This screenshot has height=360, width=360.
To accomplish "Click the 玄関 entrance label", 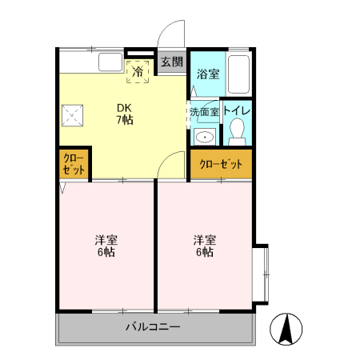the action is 172,62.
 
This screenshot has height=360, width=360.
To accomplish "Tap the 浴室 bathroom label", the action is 208,74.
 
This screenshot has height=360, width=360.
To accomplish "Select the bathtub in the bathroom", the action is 239,74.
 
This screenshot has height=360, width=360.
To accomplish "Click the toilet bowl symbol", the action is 237,132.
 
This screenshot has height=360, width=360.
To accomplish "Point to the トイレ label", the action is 237,111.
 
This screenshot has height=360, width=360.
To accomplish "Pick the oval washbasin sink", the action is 205,138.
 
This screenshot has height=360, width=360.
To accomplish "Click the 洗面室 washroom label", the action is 205,112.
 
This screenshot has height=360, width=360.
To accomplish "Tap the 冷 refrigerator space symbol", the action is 138,72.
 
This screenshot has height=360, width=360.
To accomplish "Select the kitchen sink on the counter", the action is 110,62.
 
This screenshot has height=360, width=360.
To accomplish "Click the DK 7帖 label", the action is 125,114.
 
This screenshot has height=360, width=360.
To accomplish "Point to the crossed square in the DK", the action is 72,115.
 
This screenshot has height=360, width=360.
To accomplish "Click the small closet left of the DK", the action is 74,164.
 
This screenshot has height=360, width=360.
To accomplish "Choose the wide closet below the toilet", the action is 221,164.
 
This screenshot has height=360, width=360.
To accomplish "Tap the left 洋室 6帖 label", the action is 106,246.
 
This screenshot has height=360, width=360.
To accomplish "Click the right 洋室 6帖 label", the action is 205,246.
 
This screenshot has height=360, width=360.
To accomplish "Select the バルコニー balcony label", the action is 153,326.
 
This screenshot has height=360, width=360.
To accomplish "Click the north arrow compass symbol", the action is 286,330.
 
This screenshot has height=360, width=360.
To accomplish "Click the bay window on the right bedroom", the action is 260,274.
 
